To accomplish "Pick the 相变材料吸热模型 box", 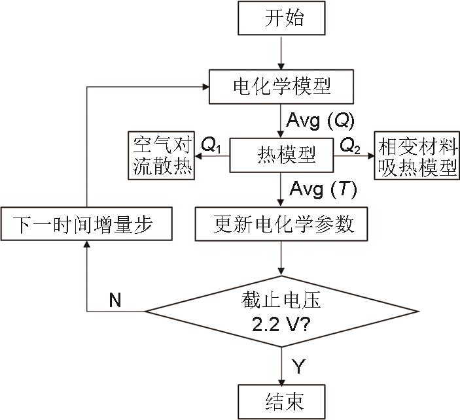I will [416, 155].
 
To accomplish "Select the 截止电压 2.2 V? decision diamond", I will [281, 312].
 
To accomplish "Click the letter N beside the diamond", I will [115, 300].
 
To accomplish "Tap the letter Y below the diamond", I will [298, 366].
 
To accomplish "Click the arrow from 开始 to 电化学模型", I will [282, 52].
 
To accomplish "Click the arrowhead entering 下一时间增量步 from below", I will [87, 245].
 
